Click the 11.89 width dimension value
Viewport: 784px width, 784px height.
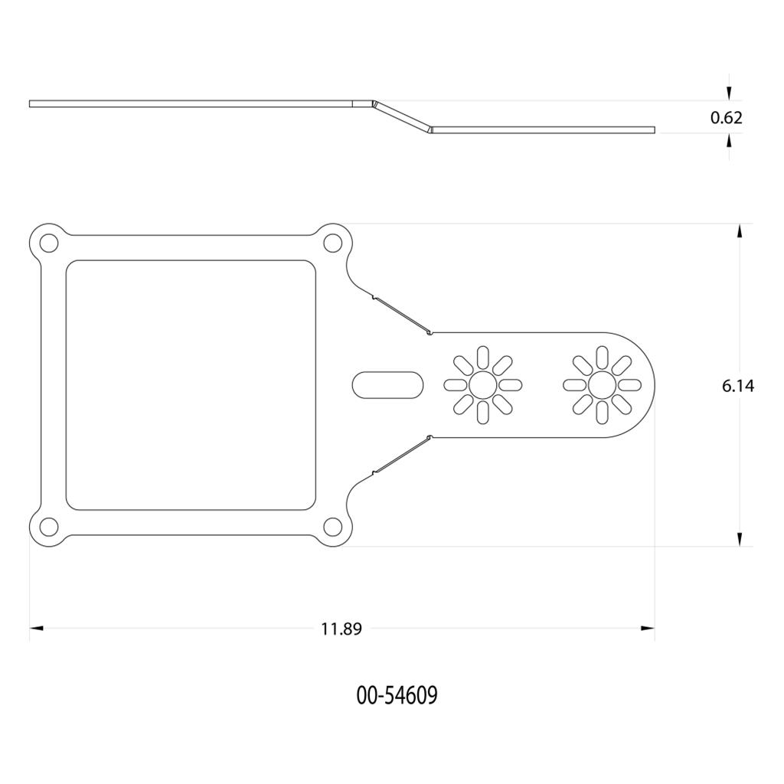341,629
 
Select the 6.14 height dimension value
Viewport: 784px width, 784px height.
738,386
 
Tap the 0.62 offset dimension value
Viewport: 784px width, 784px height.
727,117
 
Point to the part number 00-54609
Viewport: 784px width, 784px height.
397,694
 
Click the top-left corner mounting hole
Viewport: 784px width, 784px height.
48,243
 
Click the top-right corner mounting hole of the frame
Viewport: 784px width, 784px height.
332,243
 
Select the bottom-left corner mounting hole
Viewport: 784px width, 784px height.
48,527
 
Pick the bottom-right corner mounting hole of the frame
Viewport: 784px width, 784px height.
332,527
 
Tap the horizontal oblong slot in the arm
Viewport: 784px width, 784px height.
388,385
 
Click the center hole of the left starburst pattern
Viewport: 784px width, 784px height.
483,385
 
